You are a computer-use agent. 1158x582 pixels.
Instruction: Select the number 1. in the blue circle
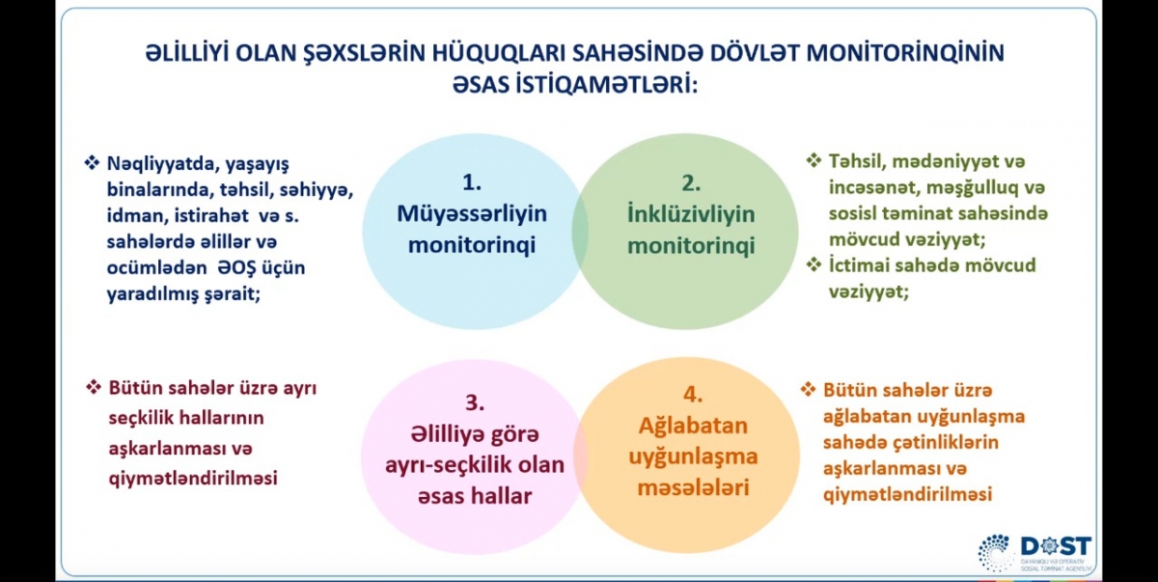[472, 182]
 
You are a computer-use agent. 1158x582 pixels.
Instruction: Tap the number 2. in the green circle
[691, 183]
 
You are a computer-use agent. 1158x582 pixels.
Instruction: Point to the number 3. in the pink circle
[475, 402]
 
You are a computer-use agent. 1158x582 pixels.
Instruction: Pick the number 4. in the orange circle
[693, 395]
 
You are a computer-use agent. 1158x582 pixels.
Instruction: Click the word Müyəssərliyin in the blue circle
[472, 213]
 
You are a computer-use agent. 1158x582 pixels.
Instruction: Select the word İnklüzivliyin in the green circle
[691, 214]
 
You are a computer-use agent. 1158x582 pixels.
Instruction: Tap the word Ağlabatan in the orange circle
[693, 426]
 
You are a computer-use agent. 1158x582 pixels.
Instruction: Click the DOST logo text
[1056, 546]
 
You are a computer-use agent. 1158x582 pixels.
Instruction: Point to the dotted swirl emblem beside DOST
[995, 552]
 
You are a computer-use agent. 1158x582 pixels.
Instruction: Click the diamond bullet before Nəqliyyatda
[92, 163]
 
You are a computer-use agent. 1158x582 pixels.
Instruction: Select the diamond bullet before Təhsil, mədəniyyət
[813, 161]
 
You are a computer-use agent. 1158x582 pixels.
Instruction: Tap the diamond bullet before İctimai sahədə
[813, 265]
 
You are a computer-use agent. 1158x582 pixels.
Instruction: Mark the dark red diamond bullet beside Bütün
[93, 387]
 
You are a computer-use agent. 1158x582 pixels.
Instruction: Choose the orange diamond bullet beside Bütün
[808, 389]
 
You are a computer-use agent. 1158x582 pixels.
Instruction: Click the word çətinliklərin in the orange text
[936, 443]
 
